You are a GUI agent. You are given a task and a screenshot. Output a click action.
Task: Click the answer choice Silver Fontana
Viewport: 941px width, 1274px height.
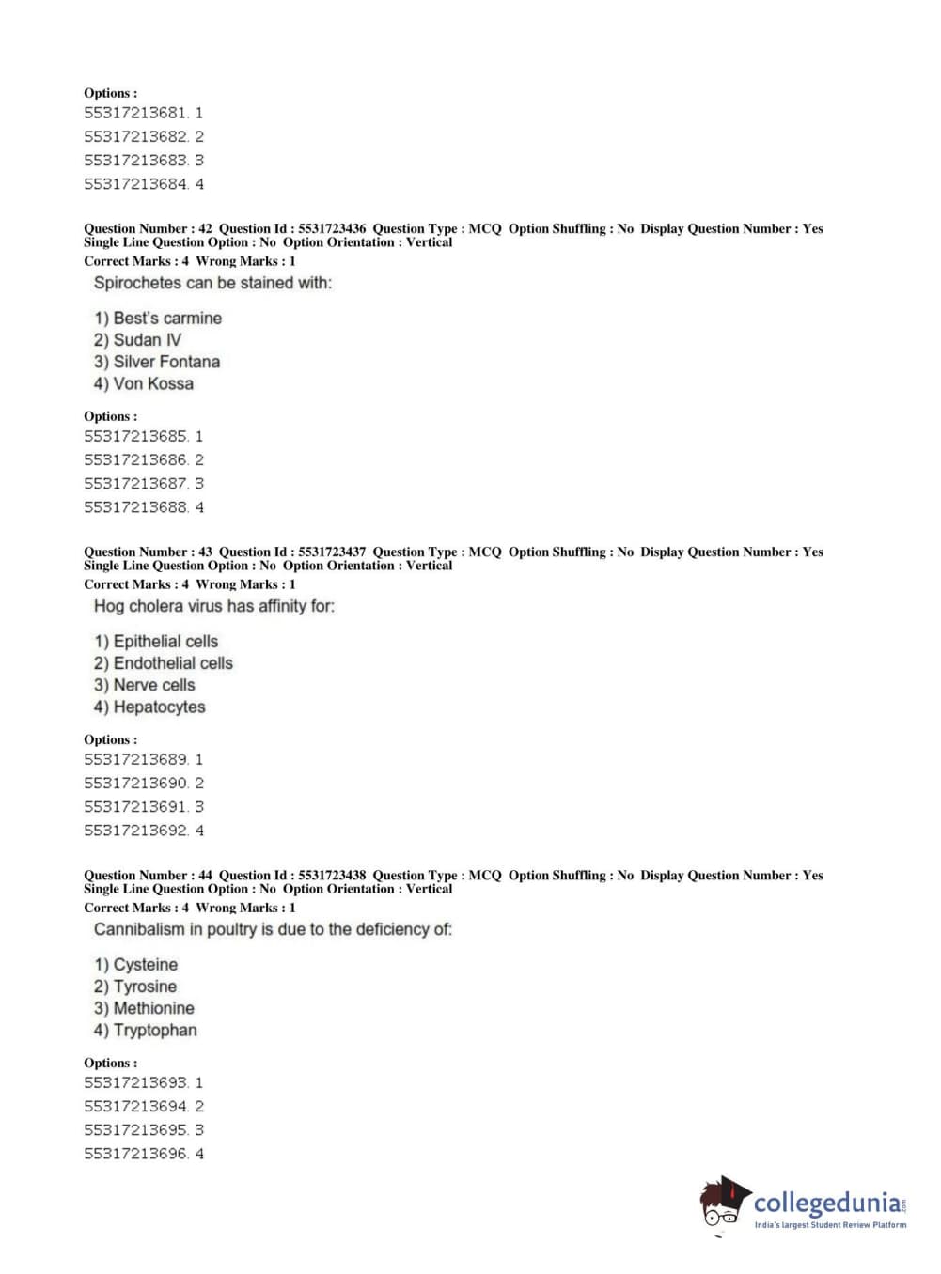pyautogui.click(x=157, y=362)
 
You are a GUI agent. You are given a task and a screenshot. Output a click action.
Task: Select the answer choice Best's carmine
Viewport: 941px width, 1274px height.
pyautogui.click(x=158, y=318)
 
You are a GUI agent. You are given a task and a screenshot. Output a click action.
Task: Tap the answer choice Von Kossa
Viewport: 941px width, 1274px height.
pyautogui.click(x=144, y=383)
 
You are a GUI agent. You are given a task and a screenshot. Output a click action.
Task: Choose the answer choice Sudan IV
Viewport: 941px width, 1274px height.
pyautogui.click(x=137, y=340)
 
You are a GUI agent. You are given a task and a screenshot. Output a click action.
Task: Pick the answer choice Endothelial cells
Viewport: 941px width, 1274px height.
pyautogui.click(x=164, y=663)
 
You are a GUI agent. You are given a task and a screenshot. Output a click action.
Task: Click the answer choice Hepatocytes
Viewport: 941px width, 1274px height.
pyautogui.click(x=149, y=707)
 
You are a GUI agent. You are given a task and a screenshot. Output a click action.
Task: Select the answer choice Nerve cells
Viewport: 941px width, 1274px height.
pyautogui.click(x=145, y=685)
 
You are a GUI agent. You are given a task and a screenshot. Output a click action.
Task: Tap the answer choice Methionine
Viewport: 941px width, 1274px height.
pyautogui.click(x=144, y=1008)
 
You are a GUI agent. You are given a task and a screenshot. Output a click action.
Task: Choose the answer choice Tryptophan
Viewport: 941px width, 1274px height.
pyautogui.click(x=146, y=1030)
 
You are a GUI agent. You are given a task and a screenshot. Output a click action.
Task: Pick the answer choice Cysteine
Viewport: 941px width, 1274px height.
pyautogui.click(x=135, y=965)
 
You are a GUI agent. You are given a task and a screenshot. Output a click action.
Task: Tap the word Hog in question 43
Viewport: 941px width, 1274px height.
pyautogui.click(x=108, y=606)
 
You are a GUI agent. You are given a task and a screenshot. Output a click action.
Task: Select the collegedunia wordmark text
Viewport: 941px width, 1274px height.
pyautogui.click(x=826, y=1204)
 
